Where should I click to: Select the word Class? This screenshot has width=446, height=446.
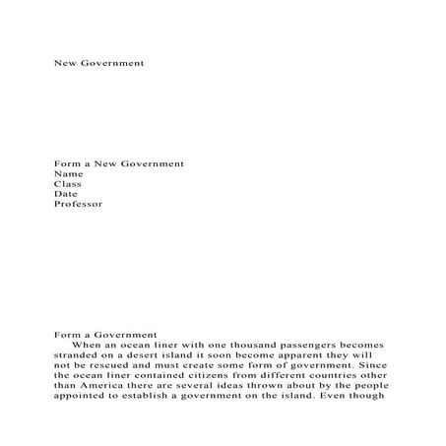tap(67, 183)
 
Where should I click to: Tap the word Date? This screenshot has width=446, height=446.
tap(65, 194)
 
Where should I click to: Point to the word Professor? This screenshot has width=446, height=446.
tap(78, 205)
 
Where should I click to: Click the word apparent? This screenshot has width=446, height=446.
tap(284, 356)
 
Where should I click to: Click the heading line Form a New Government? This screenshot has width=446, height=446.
tap(119, 161)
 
